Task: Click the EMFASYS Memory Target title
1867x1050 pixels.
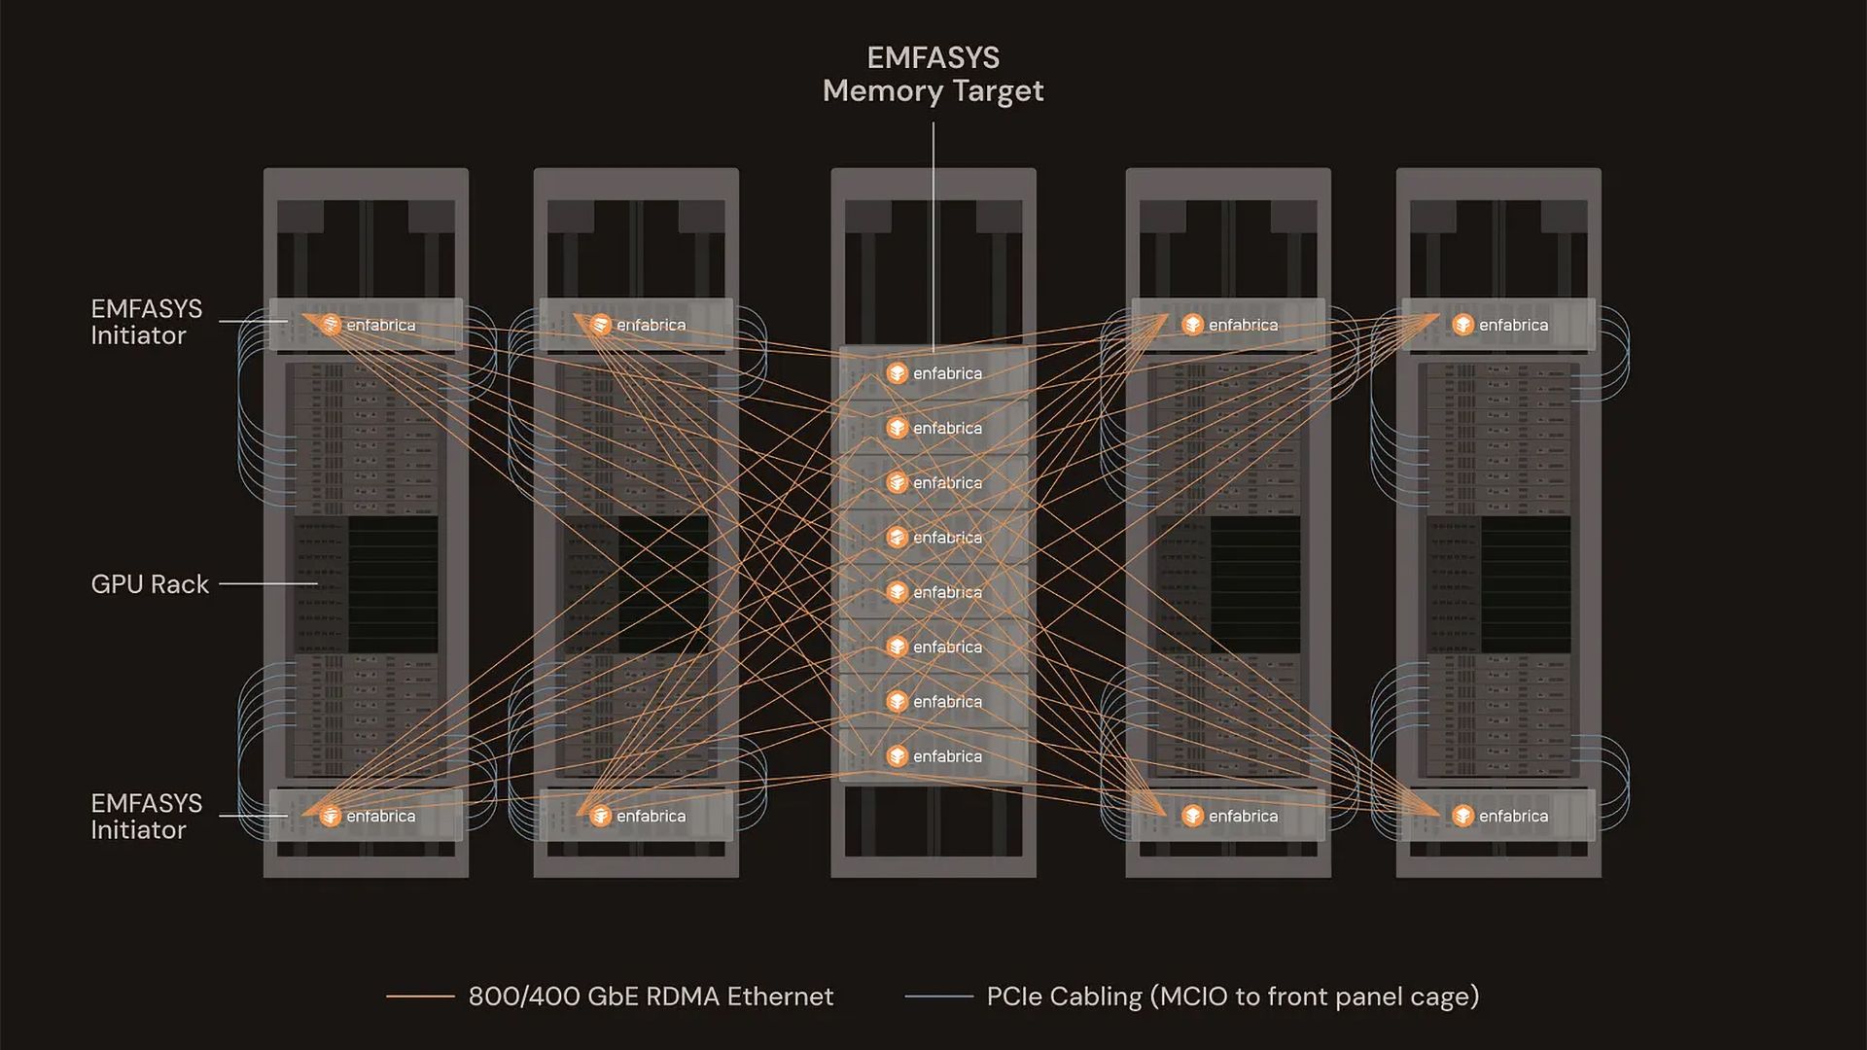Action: tap(933, 74)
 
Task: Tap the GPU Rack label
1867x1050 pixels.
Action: tap(150, 583)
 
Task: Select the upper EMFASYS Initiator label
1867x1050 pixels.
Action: tap(146, 322)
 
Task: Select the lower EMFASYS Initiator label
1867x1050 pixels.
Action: tap(146, 816)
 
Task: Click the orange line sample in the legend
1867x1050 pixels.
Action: tap(420, 997)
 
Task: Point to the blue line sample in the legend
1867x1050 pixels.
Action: tap(938, 997)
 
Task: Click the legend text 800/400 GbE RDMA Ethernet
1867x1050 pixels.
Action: tap(651, 997)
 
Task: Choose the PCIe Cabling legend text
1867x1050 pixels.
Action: tap(1232, 997)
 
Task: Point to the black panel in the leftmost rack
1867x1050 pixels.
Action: tap(393, 583)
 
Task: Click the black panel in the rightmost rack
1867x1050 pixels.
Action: tap(1525, 583)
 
